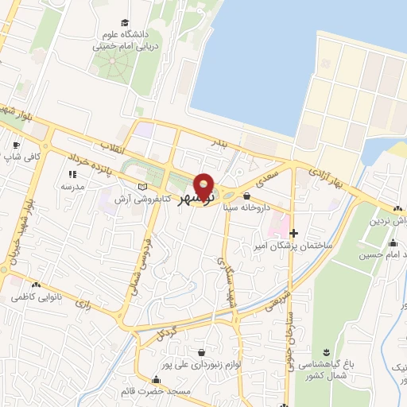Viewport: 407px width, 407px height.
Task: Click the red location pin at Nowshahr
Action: pos(204,186)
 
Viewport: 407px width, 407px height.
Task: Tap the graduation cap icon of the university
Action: pos(125,23)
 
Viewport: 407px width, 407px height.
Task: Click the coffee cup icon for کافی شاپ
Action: pos(15,145)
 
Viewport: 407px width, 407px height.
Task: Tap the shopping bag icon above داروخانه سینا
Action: pos(246,195)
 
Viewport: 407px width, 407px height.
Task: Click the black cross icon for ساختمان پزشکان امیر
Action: pos(294,233)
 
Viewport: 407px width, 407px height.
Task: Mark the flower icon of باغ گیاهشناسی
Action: pos(326,352)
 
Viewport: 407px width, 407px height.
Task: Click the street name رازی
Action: pos(82,304)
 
